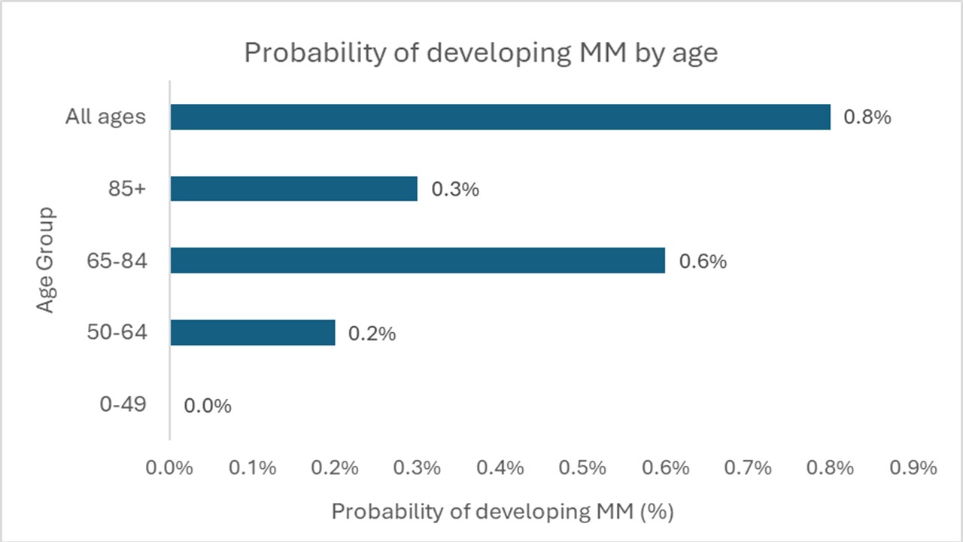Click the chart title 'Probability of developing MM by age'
481,53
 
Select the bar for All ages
500,117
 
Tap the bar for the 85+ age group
294,188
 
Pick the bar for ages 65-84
418,260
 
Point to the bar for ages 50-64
253,332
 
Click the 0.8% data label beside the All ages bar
867,117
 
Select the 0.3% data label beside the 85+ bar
455,189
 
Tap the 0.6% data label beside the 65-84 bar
703,261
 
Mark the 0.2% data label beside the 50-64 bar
372,333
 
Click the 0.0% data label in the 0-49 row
208,406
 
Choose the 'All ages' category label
105,117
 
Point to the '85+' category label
127,188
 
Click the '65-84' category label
117,260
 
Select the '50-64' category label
117,332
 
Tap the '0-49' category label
123,404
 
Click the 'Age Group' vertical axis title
46,260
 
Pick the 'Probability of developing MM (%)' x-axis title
503,512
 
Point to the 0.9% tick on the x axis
913,467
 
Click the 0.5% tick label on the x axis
582,467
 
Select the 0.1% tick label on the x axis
252,467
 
